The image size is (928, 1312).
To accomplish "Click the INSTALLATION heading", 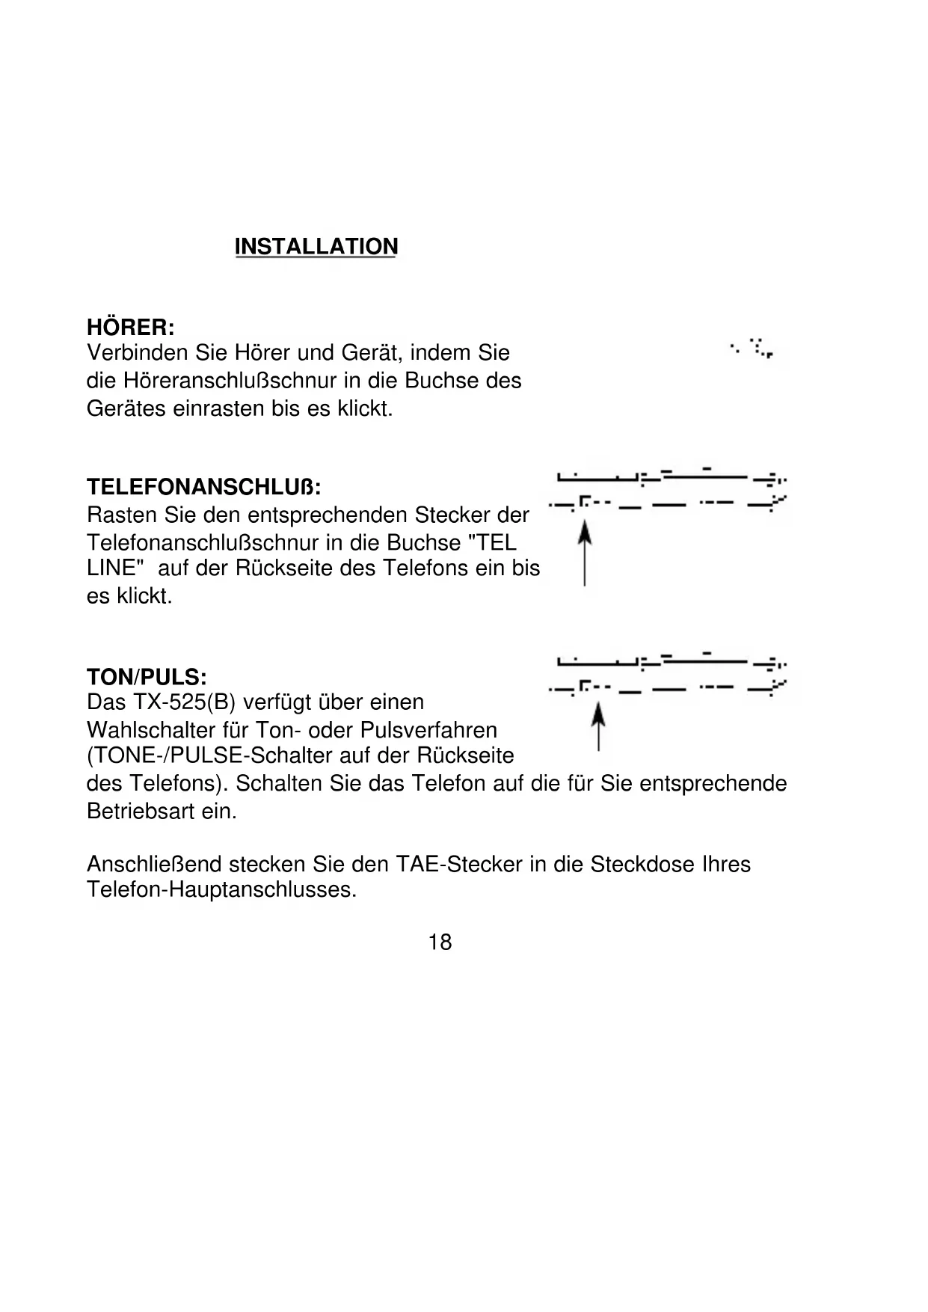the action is (x=316, y=247).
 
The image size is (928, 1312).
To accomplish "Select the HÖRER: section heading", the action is (x=131, y=328).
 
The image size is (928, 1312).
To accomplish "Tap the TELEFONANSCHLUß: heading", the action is (x=204, y=488).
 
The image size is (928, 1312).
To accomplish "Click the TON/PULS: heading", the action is (x=147, y=678).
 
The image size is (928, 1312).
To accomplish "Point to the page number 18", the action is (x=440, y=942).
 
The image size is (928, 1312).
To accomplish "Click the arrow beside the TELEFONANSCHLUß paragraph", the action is (x=585, y=554).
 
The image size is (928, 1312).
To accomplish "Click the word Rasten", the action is (x=118, y=515).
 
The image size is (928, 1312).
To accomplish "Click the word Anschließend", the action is (x=155, y=865).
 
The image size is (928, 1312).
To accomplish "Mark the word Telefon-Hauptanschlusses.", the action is (x=222, y=890).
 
